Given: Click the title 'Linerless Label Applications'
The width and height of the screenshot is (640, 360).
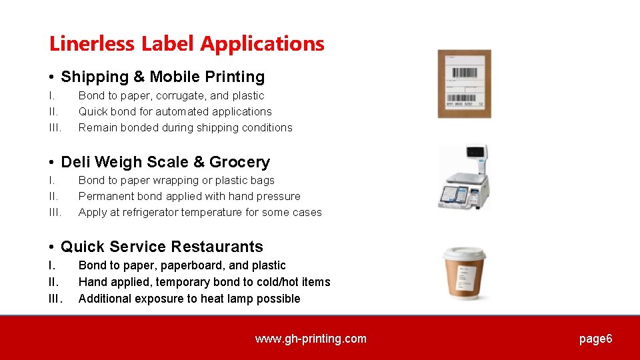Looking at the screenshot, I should tap(187, 44).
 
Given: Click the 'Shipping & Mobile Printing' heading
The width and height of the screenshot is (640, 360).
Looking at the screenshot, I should tap(163, 77).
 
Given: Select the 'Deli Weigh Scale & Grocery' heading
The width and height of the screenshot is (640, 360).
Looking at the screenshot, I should tap(165, 162).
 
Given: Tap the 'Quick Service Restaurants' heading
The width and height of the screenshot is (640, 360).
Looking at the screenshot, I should tap(162, 247).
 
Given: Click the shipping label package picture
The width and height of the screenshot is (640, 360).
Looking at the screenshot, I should tap(464, 83).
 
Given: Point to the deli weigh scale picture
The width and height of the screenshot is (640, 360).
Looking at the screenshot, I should tap(464, 179).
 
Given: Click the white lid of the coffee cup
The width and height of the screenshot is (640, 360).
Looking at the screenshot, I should tap(465, 254).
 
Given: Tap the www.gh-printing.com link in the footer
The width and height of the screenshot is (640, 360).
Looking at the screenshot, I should tap(311, 339).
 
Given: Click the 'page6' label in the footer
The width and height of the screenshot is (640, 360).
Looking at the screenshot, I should tap(595, 339).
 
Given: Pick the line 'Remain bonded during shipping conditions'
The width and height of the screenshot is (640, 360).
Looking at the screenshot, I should tap(185, 127).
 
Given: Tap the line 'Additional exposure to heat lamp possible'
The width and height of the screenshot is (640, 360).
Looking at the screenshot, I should tap(189, 299).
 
